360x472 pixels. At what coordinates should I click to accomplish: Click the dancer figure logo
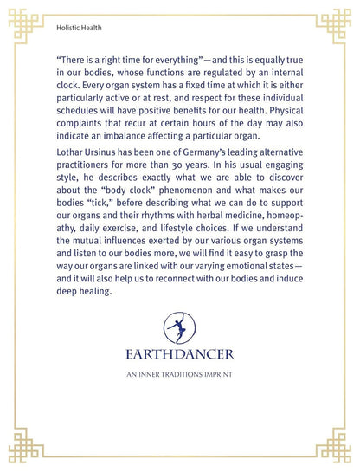coord(180,328)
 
